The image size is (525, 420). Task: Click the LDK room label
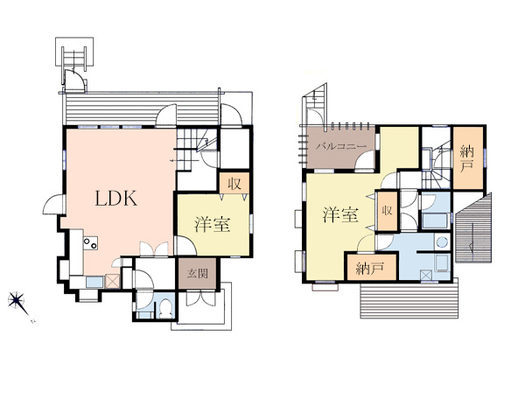[x=115, y=198]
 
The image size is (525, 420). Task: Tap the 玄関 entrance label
[x=197, y=273]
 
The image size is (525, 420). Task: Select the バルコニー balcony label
[x=341, y=147]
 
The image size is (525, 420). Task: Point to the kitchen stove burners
[x=90, y=243]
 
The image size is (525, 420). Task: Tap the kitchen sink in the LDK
[x=94, y=282]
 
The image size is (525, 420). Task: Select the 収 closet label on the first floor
[x=234, y=183]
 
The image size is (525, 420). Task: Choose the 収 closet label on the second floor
[x=387, y=211]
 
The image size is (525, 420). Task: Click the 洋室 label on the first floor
[x=213, y=224]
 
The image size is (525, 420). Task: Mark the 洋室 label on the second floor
[x=340, y=214]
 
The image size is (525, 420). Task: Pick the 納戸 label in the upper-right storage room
[x=466, y=158]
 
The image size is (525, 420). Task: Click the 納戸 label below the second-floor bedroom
[x=369, y=269]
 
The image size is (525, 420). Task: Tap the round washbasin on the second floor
[x=442, y=242]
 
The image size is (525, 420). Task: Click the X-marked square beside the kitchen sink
[x=112, y=282]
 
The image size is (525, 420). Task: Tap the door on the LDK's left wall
[x=52, y=204]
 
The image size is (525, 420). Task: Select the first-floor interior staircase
[x=190, y=149]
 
